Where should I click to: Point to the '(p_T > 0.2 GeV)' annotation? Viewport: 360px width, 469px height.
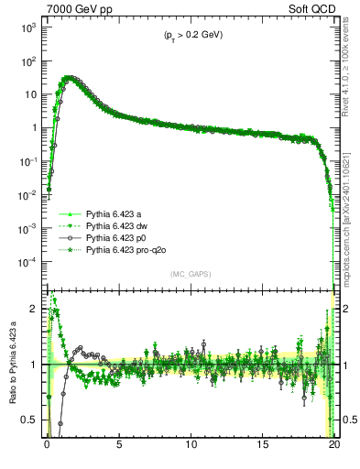[x=188, y=35]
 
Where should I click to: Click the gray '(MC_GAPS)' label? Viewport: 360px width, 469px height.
[x=189, y=274]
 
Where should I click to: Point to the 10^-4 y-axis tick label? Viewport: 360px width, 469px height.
[x=30, y=262]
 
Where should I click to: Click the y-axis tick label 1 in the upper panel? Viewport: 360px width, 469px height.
[x=35, y=128]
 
